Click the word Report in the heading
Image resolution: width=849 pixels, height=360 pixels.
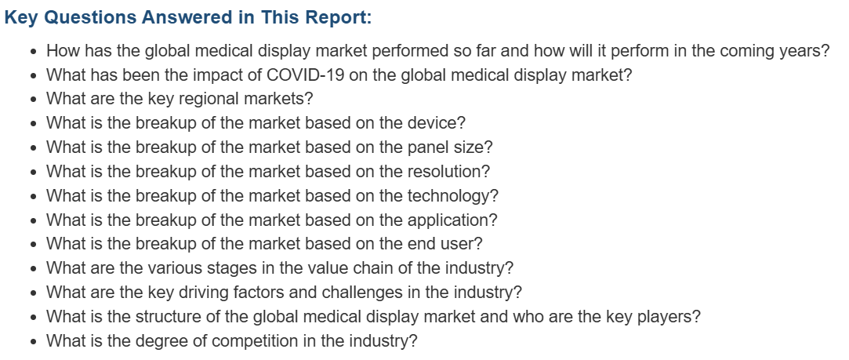336,17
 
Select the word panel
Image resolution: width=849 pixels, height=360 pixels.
427,147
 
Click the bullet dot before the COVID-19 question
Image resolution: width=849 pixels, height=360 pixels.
34,76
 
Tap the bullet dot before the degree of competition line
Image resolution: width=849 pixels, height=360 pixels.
34,343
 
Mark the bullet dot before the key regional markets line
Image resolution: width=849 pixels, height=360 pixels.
34,100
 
